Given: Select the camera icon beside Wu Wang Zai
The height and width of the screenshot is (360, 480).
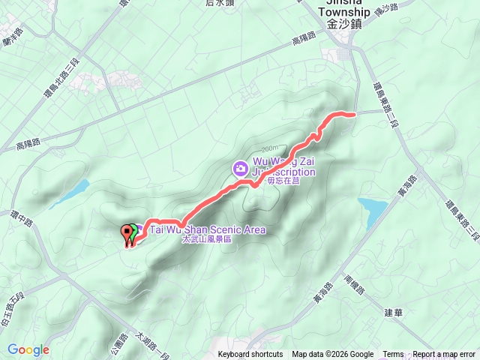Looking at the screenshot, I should point(240,167).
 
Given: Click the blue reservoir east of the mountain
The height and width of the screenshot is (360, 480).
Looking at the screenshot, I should point(373,207).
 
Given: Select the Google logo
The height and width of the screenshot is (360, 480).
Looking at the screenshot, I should point(28,349).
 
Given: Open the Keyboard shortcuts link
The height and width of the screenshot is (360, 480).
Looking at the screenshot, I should point(250,355).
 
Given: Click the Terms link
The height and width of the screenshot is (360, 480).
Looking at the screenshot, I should point(393,355).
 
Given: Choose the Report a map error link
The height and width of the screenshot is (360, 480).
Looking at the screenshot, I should point(444,355).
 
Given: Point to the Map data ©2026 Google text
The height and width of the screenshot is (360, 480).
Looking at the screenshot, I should point(333,355).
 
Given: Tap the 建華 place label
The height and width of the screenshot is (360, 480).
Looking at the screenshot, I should point(392,311).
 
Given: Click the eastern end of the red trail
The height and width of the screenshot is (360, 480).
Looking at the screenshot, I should point(352,113).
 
